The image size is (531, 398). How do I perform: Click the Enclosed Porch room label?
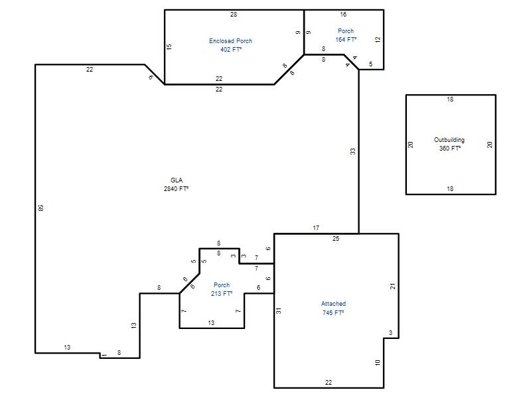230,41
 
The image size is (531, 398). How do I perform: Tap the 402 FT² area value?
231,49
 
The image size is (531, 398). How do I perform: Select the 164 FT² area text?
346,40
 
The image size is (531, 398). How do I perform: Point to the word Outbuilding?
449,140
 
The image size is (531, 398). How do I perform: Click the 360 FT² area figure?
450,148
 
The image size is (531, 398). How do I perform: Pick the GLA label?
177,180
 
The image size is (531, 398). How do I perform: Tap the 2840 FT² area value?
176,189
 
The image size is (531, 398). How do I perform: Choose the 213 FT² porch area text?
222,294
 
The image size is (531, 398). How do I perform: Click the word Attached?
334,304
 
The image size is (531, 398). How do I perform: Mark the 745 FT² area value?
333,312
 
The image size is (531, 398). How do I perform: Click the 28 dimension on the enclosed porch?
234,15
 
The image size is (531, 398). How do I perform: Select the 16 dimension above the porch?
343,15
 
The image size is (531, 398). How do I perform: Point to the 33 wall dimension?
353,151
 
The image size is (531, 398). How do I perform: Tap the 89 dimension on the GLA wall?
41,208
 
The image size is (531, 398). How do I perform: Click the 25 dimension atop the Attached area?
336,239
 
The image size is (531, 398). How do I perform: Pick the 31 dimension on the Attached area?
278,310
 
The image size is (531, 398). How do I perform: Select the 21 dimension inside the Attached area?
393,287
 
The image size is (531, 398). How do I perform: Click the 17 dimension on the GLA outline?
316,228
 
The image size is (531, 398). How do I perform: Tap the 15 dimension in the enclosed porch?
169,46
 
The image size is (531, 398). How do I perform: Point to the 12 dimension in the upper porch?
378,39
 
